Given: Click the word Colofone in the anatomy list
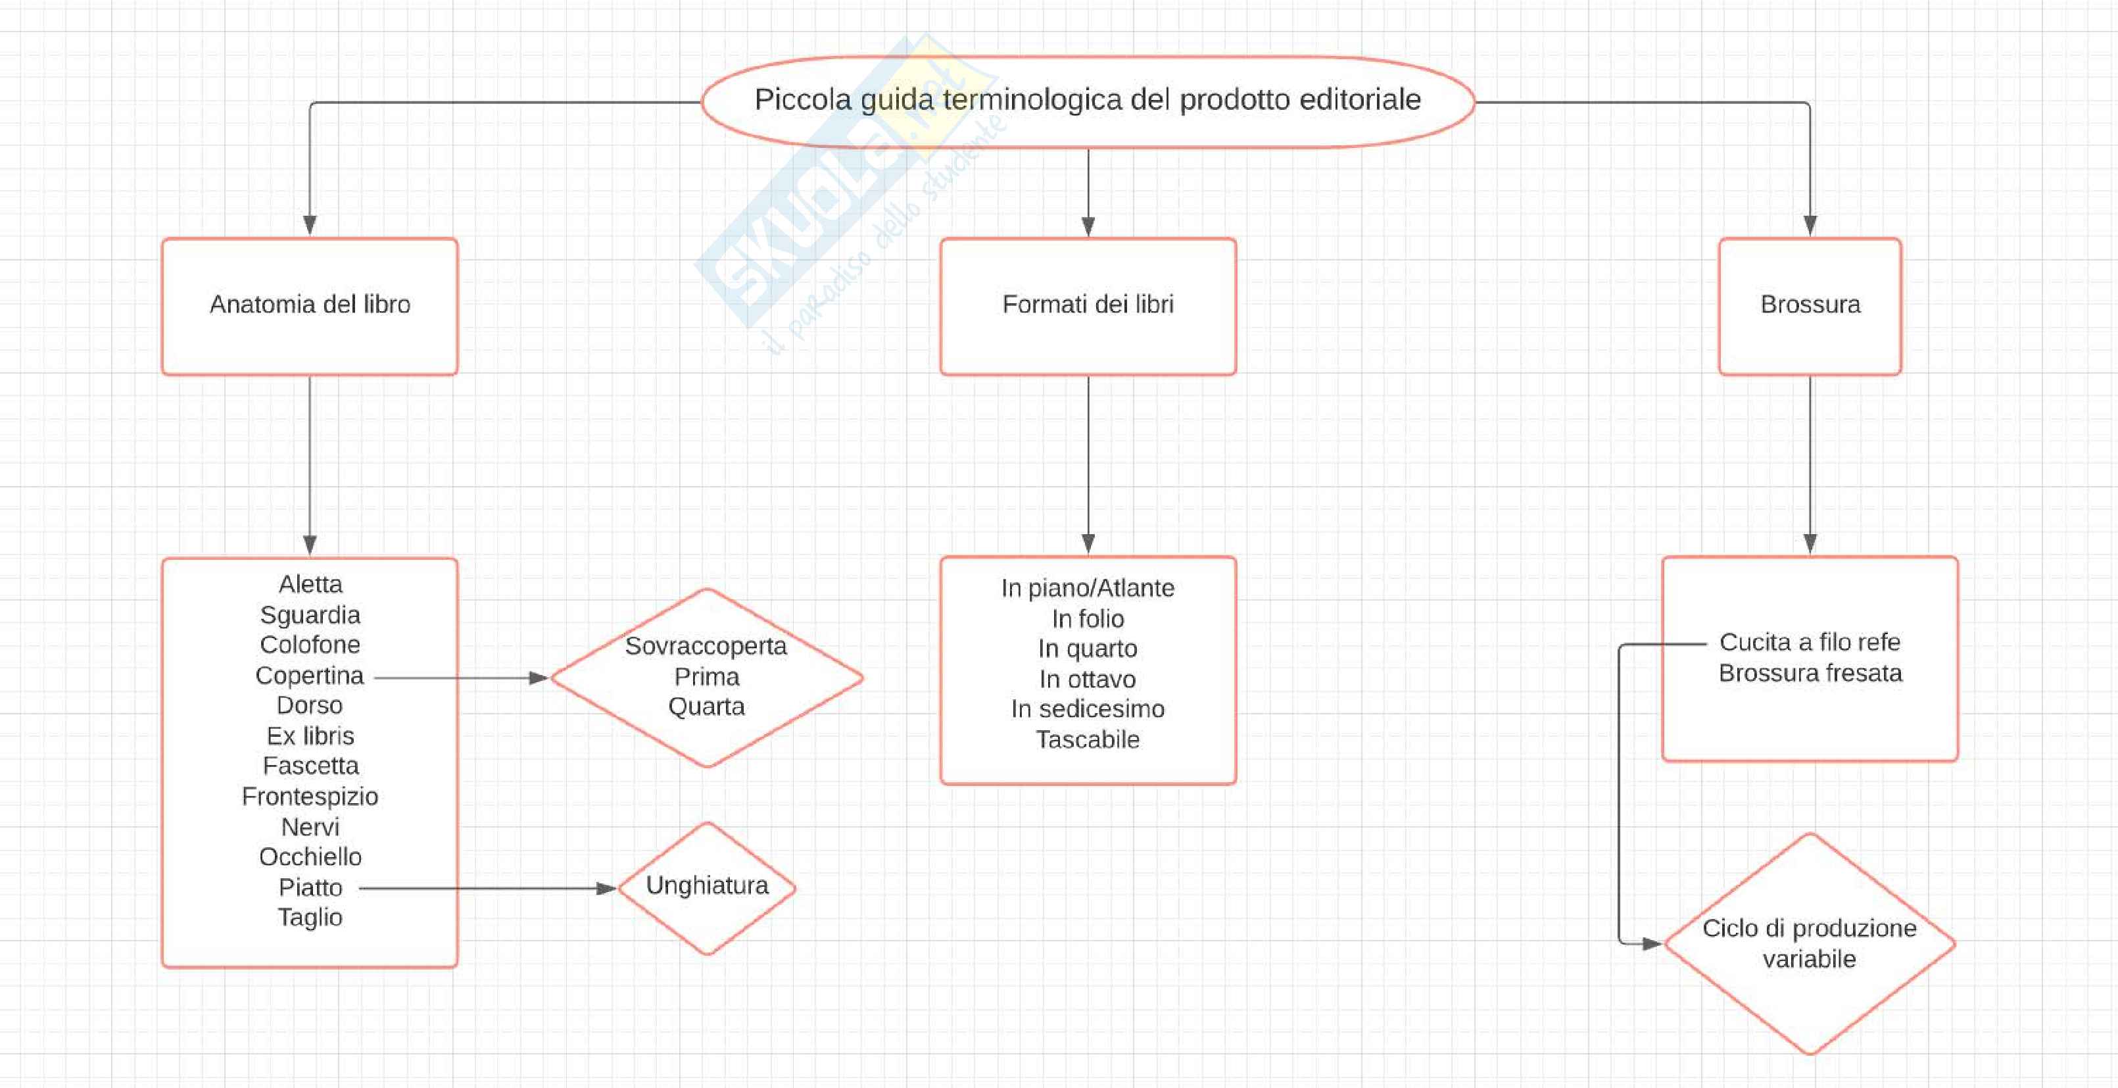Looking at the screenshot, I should [310, 645].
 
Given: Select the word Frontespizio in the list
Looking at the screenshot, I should [310, 796].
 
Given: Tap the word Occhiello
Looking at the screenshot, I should [310, 857].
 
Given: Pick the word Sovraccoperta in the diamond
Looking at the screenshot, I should [706, 647].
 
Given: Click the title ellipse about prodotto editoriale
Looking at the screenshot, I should [1088, 101].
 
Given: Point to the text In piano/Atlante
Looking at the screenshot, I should [1088, 588].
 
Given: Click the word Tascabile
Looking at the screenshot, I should [1088, 739].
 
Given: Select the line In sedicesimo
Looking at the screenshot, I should [1088, 709].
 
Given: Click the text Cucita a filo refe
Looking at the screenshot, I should [1810, 642].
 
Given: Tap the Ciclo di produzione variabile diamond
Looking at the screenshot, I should [1810, 943].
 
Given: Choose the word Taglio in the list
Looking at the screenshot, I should [310, 917].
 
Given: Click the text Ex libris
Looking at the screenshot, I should [310, 736].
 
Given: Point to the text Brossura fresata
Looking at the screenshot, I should [1810, 674].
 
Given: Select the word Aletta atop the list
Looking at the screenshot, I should [310, 584].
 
